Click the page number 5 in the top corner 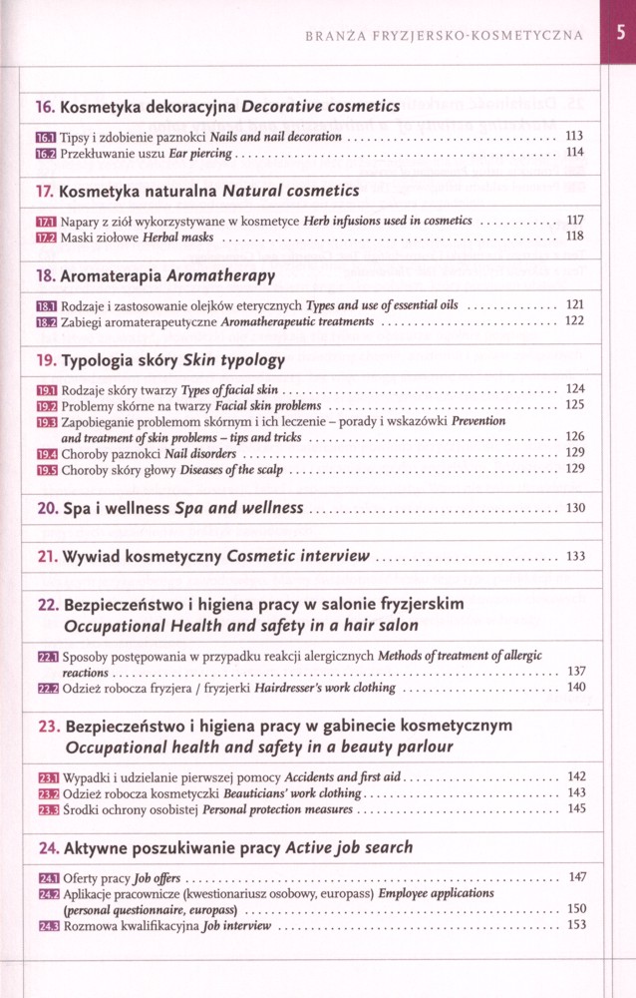tap(620, 32)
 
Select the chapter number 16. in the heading tap(46, 106)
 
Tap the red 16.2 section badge tap(46, 154)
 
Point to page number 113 tap(574, 136)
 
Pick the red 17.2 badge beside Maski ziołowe tap(46, 238)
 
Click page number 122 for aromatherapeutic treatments tap(574, 321)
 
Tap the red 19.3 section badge tap(46, 422)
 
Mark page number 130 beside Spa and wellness tap(575, 508)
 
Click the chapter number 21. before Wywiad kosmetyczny tap(48, 556)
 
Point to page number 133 tap(575, 556)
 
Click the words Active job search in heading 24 tap(349, 847)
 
